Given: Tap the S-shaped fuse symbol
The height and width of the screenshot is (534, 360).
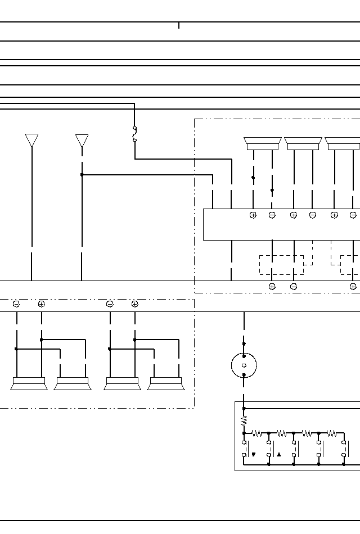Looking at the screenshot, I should tap(135, 134).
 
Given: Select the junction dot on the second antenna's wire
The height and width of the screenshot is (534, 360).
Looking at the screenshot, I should tap(82, 175).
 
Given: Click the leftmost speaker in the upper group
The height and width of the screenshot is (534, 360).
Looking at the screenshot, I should tap(263, 144).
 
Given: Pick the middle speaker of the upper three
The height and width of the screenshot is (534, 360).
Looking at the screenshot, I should tap(303, 144).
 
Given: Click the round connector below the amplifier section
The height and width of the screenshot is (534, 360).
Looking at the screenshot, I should tap(244, 365).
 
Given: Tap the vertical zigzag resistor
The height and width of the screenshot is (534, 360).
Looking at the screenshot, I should tap(244, 420).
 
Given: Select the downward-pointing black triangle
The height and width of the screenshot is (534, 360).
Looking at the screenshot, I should tap(254, 455).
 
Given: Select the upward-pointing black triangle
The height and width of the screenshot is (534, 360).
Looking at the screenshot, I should tap(278, 455).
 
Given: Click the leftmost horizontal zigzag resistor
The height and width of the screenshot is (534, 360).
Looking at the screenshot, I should tap(256, 433).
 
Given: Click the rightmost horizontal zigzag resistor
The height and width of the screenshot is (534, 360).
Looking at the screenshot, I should tap(331, 433).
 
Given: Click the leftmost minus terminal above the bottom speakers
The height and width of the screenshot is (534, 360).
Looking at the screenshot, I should tap(16, 304).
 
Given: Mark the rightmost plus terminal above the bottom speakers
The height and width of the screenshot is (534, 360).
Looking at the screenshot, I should tap(135, 304).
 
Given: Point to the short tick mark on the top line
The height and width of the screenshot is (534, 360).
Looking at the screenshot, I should tap(179, 25).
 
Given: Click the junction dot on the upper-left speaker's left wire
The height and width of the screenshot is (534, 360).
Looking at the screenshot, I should tap(253, 178).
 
